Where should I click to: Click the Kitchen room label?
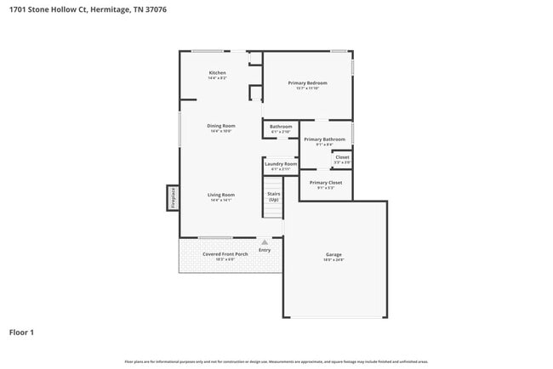click(x=218, y=73)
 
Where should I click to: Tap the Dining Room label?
click(x=220, y=126)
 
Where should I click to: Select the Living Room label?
click(x=220, y=195)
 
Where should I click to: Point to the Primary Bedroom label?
click(x=307, y=82)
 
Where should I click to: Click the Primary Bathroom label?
click(x=324, y=139)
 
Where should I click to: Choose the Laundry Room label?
click(x=280, y=163)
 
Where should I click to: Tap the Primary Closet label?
click(x=325, y=183)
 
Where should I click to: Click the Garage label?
click(x=334, y=255)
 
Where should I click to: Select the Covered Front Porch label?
click(x=225, y=253)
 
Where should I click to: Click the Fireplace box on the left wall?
click(x=172, y=197)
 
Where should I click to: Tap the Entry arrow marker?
click(x=265, y=242)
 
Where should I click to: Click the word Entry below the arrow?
click(x=265, y=250)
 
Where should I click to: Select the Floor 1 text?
click(x=21, y=332)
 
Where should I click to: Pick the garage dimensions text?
click(x=334, y=260)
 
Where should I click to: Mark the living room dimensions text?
click(x=220, y=201)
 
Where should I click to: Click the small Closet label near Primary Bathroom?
click(x=342, y=157)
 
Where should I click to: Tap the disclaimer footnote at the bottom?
click(x=276, y=360)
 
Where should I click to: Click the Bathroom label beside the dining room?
click(x=281, y=127)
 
